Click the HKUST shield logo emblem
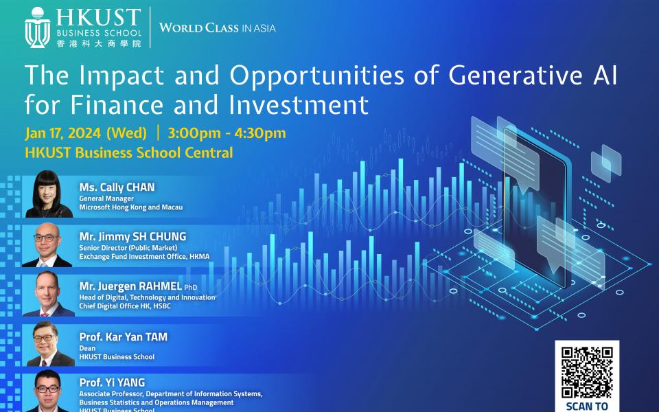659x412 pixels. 37,27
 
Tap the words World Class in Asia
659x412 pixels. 218,28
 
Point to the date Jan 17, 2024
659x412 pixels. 63,133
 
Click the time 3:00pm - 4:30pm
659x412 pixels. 227,133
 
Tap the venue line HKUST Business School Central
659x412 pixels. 128,152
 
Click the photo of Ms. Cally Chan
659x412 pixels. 48,194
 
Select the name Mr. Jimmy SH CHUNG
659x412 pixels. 132,236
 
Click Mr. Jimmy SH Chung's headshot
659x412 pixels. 47,244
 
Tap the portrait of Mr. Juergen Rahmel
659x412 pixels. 48,294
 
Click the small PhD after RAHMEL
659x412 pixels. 190,288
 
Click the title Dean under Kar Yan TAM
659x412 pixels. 87,348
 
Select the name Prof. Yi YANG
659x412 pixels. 112,382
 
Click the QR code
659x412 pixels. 587,372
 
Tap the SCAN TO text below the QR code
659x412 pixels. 587,407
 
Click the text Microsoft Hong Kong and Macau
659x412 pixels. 131,207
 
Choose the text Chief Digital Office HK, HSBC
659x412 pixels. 125,306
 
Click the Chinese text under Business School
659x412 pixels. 99,43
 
